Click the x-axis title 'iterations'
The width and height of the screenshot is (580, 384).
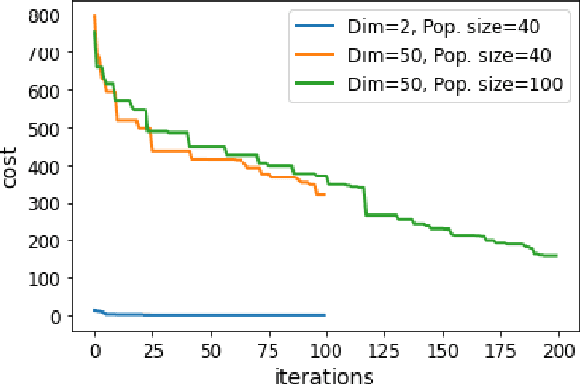point(326,371)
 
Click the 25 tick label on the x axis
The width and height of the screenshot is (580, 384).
point(152,349)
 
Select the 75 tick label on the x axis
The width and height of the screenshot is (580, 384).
point(268,349)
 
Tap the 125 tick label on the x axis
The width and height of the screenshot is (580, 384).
point(384,349)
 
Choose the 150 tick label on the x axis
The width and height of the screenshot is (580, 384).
point(442,349)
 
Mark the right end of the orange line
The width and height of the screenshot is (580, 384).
point(325,194)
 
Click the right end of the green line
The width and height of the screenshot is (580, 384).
point(556,256)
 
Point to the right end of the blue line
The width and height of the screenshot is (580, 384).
point(325,315)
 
